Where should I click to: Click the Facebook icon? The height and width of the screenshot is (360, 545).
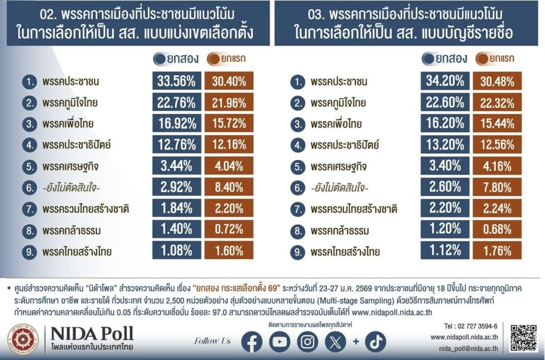pyautogui.click(x=252, y=341)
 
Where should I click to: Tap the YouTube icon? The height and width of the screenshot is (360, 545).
pyautogui.click(x=279, y=341)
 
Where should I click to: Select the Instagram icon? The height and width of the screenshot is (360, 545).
pyautogui.click(x=307, y=341)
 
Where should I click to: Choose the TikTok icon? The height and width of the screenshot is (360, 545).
pyautogui.click(x=376, y=341)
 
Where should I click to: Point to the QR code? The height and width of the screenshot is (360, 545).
pyautogui.click(x=523, y=337)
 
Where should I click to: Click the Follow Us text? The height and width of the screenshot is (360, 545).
pyautogui.click(x=212, y=341)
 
